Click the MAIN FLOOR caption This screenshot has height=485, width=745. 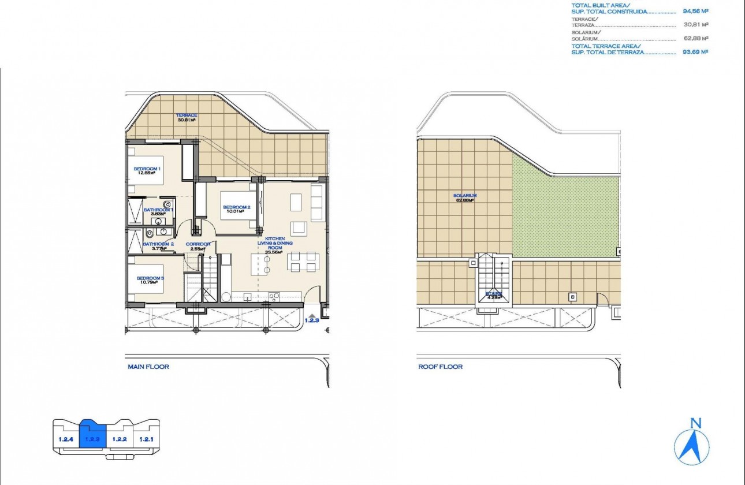(148, 367)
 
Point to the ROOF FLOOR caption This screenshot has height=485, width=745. (440, 367)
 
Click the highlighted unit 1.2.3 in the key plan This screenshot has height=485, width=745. (92, 438)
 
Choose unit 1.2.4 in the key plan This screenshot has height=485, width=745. (66, 439)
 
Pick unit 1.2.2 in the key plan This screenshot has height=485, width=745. (119, 439)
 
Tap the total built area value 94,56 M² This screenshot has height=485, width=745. (695, 10)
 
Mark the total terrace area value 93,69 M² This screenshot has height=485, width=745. (695, 51)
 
